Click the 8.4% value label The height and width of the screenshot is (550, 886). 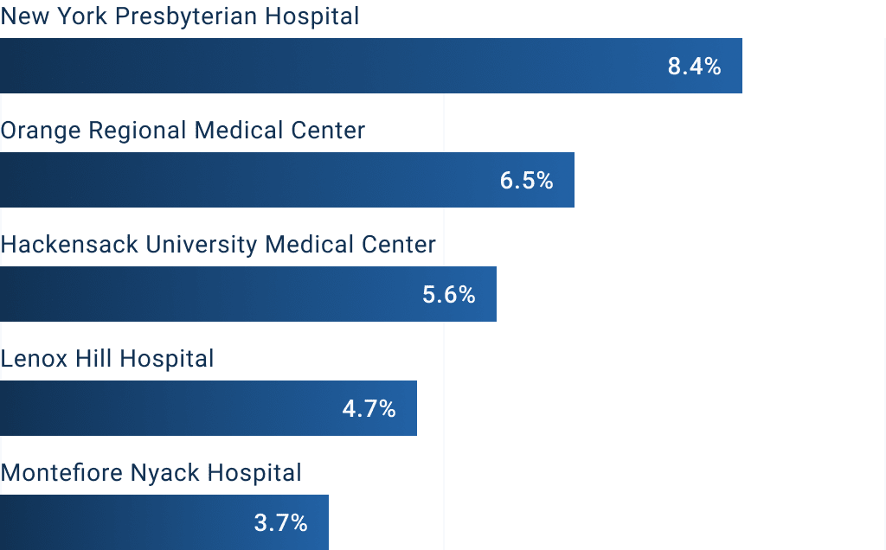(694, 67)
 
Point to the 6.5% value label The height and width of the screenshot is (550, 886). (526, 181)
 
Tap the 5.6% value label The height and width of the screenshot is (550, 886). (448, 295)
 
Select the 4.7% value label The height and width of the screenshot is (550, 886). (369, 409)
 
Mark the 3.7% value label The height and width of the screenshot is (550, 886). (280, 523)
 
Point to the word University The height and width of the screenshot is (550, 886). (201, 245)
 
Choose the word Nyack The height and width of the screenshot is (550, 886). (162, 474)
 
